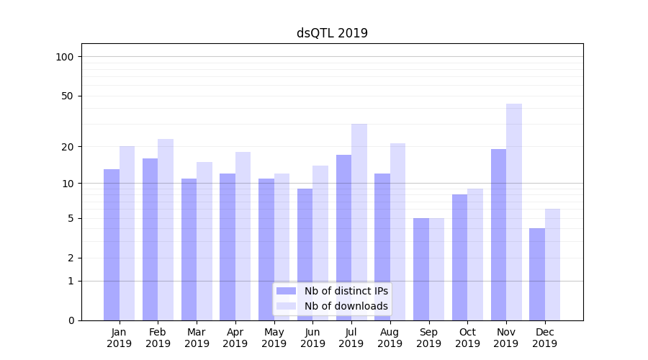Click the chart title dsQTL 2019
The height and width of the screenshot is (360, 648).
pos(332,33)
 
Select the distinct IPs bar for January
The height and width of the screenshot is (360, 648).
pos(112,245)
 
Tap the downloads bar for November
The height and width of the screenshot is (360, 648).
pos(514,212)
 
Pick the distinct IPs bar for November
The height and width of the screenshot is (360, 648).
pos(498,235)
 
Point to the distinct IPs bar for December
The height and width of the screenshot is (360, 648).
pos(537,274)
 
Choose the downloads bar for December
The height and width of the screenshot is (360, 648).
pos(552,264)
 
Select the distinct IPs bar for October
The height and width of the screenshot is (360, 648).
pos(459,257)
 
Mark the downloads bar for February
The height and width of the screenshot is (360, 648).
pos(166,230)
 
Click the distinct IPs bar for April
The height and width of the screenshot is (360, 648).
pos(228,247)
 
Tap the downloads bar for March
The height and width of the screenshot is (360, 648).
pos(204,241)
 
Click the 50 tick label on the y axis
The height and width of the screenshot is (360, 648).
pos(67,96)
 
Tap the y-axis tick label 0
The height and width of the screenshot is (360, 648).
pos(71,320)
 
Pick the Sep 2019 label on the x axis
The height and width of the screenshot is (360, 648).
pos(428,338)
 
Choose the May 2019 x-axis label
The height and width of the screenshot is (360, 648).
pos(274,338)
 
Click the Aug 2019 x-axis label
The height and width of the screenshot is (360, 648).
pos(390,338)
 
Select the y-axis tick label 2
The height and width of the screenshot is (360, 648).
pos(71,258)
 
